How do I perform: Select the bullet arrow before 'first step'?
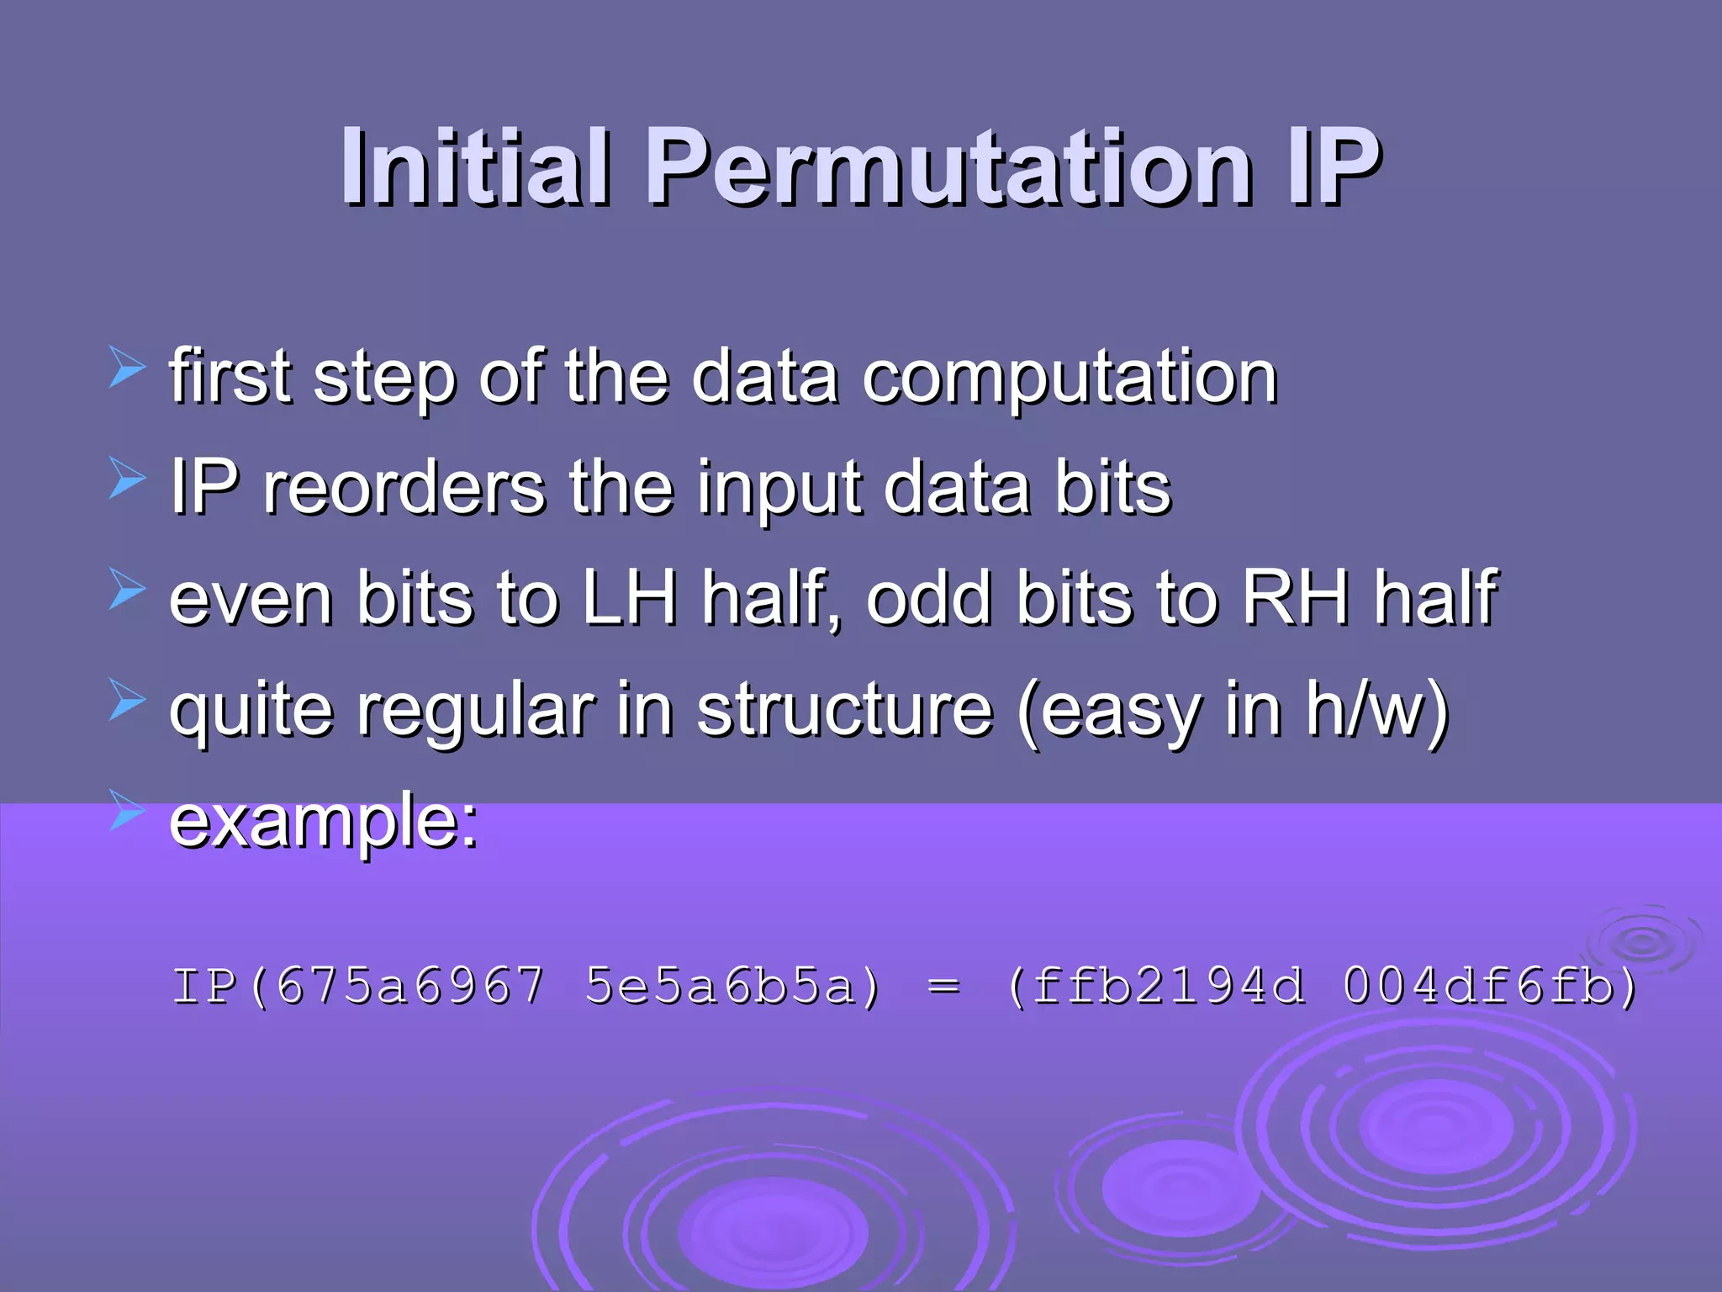(x=128, y=369)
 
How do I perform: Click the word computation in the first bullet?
(x=1070, y=378)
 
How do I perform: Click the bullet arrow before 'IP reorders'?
(x=128, y=480)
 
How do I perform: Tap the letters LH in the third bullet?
(x=630, y=598)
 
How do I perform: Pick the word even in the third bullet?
(x=251, y=598)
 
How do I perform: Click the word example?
(x=324, y=822)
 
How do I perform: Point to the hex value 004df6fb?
(x=1478, y=986)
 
